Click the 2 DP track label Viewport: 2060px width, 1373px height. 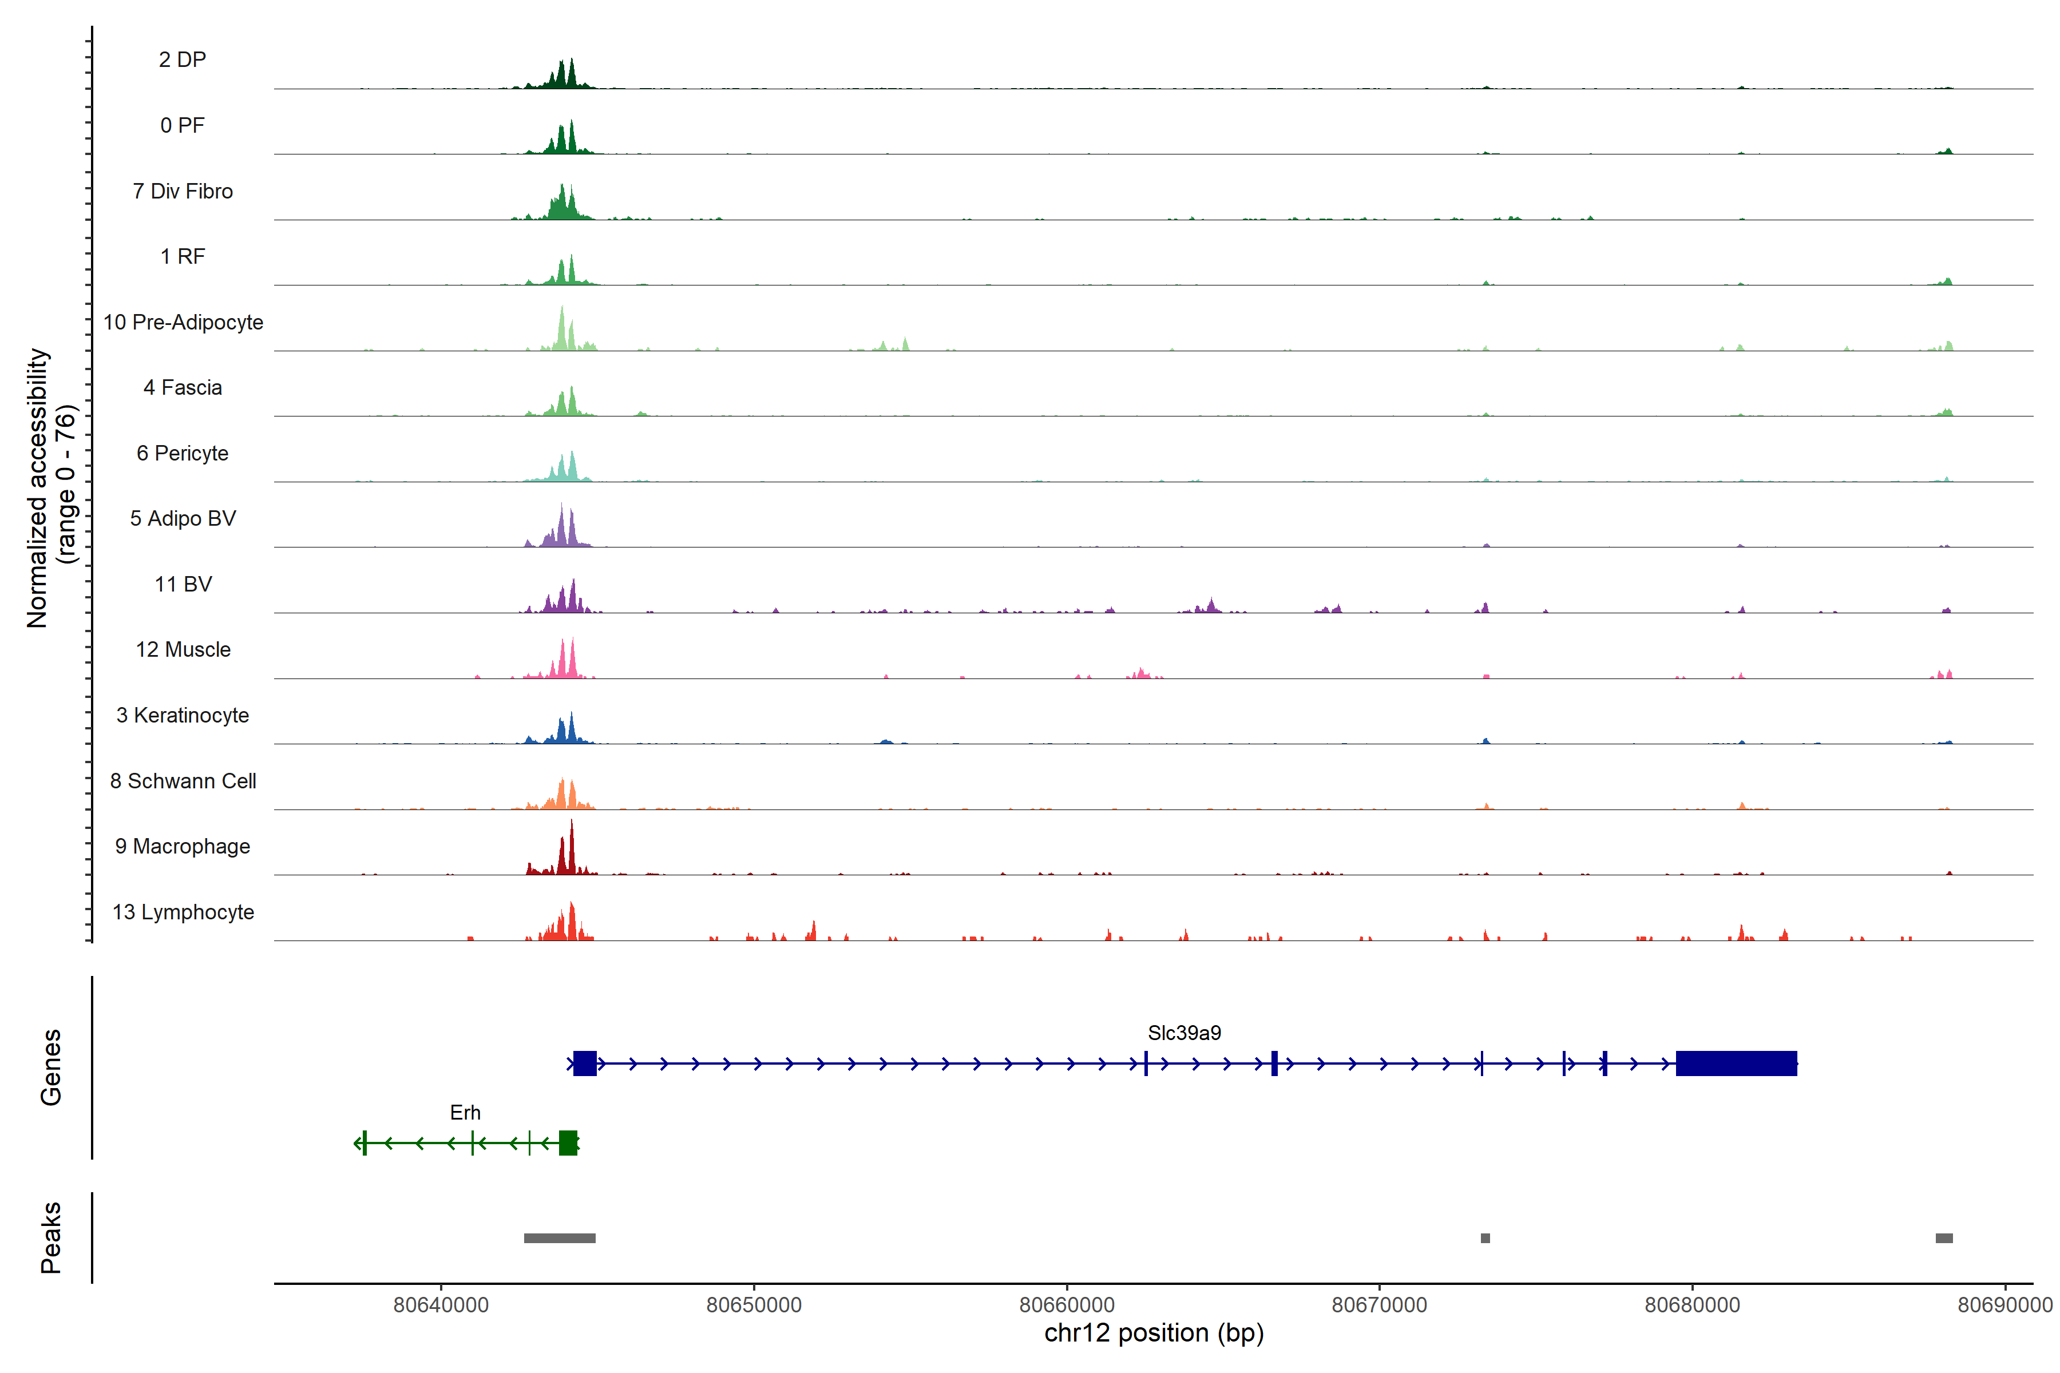tap(182, 59)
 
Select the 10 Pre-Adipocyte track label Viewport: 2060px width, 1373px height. tap(183, 322)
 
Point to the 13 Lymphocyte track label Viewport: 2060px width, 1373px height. tap(183, 912)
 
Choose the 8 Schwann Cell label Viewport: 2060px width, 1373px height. tap(183, 781)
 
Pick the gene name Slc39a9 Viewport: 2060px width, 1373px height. tap(1184, 1033)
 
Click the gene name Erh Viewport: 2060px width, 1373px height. tap(465, 1113)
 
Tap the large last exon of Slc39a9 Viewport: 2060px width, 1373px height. tap(1736, 1063)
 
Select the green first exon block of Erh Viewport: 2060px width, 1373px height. tap(568, 1142)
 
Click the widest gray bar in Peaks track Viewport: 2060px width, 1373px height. tap(560, 1238)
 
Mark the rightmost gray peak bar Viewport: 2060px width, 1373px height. tap(1943, 1238)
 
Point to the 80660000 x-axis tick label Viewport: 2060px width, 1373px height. tap(1067, 1305)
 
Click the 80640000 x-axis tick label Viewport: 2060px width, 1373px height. tap(441, 1305)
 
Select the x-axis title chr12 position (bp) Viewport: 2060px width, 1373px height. tap(1154, 1334)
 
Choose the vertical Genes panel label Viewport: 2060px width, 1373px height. tap(51, 1068)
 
